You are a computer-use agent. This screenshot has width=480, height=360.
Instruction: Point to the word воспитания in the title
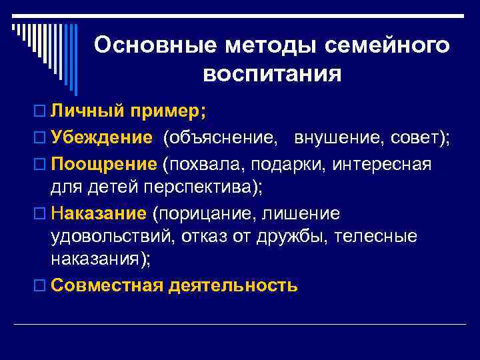tap(272, 73)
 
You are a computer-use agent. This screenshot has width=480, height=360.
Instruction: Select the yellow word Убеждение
tap(102, 137)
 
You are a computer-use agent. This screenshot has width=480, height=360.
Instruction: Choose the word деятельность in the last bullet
tap(233, 285)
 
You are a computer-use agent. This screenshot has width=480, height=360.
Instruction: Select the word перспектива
tap(199, 187)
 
